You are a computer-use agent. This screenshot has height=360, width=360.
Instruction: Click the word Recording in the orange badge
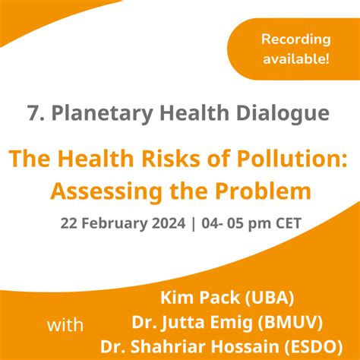[295, 39]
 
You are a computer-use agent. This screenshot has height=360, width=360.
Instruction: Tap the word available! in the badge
[295, 59]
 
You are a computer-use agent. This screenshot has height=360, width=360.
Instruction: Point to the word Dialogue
[286, 114]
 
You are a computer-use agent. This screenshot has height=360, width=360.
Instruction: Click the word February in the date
[123, 224]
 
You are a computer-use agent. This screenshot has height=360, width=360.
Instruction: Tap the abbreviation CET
[285, 224]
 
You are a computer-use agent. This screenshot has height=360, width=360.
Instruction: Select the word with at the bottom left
[66, 326]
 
